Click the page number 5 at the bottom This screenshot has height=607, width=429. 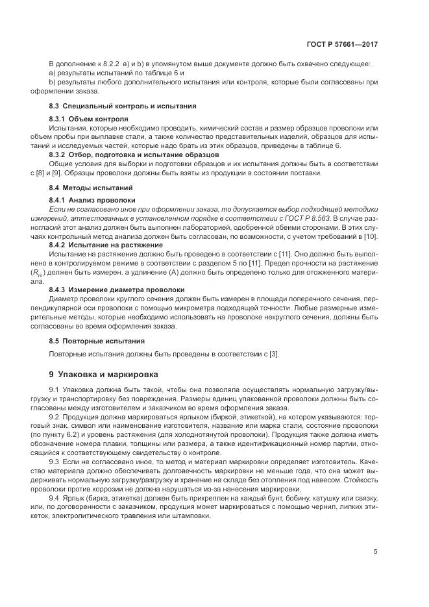coord(376,552)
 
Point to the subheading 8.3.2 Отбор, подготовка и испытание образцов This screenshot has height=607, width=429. coord(134,155)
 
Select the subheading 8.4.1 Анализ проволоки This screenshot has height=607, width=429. coord(92,201)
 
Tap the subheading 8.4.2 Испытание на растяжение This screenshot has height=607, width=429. coord(105,245)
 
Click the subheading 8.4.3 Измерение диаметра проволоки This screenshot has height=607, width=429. coord(115,290)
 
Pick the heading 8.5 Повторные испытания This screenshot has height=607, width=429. coord(97,340)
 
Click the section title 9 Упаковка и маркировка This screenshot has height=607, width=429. coord(103,375)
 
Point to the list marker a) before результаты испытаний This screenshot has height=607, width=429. coord(53,73)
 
